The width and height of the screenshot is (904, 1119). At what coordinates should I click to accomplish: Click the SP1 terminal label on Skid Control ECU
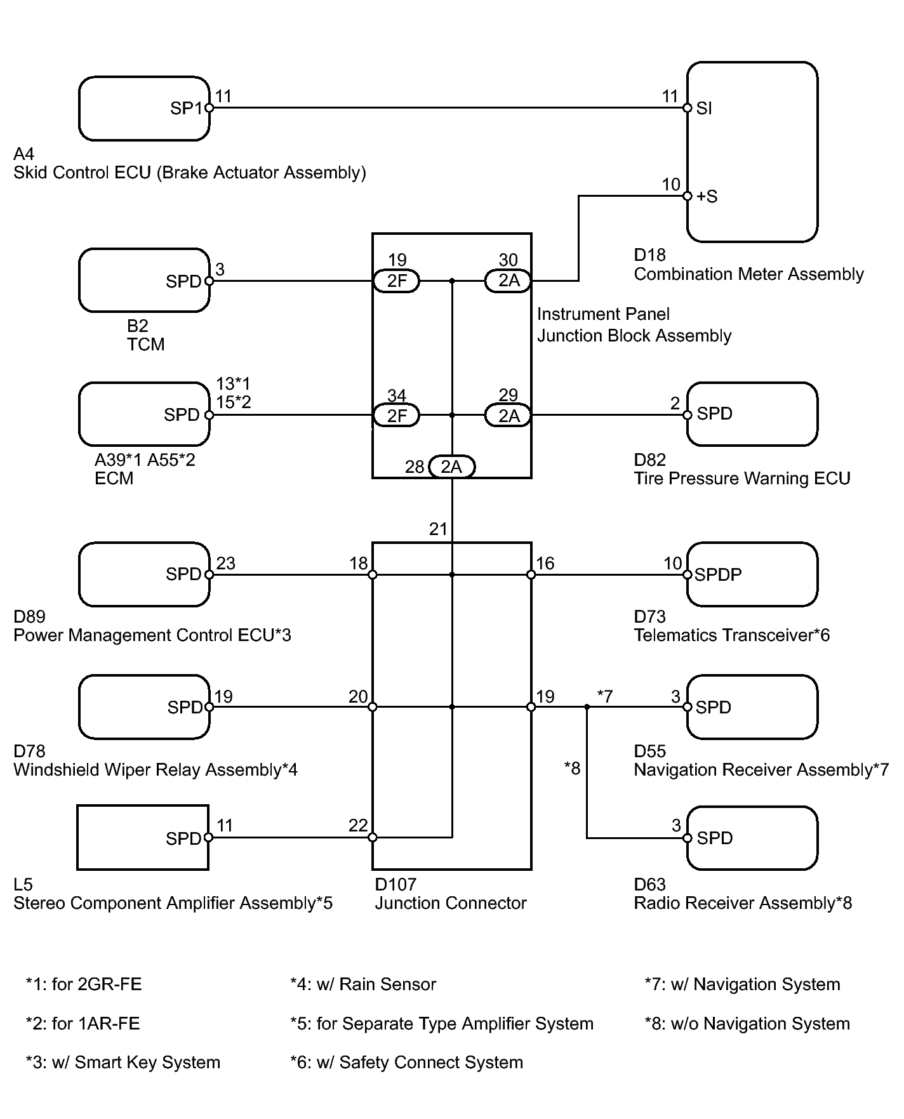pos(185,109)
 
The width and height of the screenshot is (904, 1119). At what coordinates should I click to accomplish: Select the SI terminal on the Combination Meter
pos(704,109)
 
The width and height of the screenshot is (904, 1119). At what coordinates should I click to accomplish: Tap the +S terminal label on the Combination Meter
pos(707,197)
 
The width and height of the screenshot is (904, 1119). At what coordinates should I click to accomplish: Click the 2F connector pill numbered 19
pos(397,281)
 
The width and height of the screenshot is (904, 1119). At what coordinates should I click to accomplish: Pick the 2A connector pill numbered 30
pos(508,281)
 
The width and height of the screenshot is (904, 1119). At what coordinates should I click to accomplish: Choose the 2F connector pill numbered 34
pos(397,416)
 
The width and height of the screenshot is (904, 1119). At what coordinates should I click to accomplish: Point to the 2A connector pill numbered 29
pos(508,416)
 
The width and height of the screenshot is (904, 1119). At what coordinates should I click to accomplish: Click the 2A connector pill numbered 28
pos(451,467)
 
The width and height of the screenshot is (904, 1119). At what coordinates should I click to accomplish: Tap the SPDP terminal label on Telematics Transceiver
pos(718,575)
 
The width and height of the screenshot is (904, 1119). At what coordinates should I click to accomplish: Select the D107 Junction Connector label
pos(451,894)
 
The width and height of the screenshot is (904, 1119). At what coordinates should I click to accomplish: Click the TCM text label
pos(146,345)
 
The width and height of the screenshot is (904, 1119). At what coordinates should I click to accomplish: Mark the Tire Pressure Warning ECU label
pos(742,479)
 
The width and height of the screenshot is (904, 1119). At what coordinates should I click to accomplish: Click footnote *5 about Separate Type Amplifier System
pos(442,1024)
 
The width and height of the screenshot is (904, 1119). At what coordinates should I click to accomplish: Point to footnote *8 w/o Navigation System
pos(747,1024)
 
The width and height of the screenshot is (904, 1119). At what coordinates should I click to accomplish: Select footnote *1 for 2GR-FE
pos(84,984)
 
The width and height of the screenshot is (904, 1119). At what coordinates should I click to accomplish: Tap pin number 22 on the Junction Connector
pos(358,825)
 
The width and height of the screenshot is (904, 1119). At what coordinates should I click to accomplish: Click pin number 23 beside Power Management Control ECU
pos(226,564)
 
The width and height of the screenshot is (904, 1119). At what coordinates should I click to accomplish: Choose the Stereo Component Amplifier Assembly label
pos(173,903)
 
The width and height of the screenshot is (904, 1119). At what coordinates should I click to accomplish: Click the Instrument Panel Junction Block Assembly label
pos(634,325)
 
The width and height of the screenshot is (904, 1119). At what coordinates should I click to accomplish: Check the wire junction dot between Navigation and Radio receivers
pos(587,707)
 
